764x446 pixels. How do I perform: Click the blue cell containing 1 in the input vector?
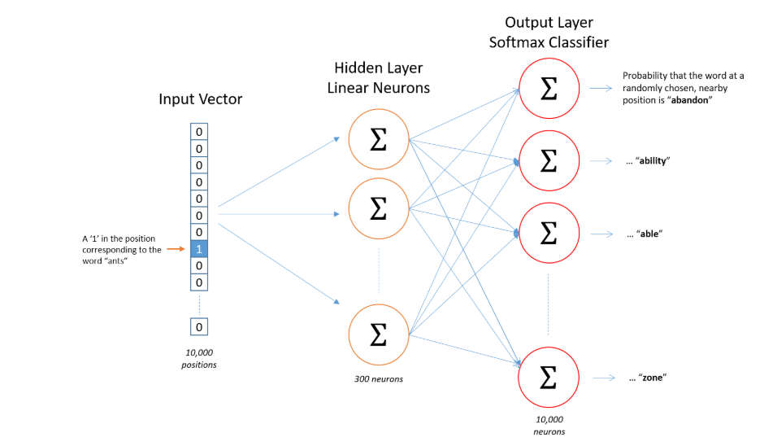tap(199, 248)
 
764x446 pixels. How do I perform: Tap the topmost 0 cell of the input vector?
tap(199, 132)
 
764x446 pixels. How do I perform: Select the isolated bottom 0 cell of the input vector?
tap(199, 326)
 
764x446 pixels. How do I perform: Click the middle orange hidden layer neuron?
tap(378, 208)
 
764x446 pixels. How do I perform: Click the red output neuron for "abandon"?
tap(549, 89)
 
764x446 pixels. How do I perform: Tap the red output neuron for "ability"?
tap(549, 161)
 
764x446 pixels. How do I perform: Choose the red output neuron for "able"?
tap(549, 234)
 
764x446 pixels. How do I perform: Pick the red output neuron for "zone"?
tap(549, 376)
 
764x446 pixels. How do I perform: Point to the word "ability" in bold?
tap(653, 161)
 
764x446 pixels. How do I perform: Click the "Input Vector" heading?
tap(200, 100)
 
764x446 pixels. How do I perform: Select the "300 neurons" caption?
tap(378, 379)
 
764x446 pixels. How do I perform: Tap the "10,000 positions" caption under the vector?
tap(199, 358)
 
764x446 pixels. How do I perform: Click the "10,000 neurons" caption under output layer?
tap(549, 425)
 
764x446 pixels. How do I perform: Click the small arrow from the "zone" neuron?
tap(602, 378)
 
